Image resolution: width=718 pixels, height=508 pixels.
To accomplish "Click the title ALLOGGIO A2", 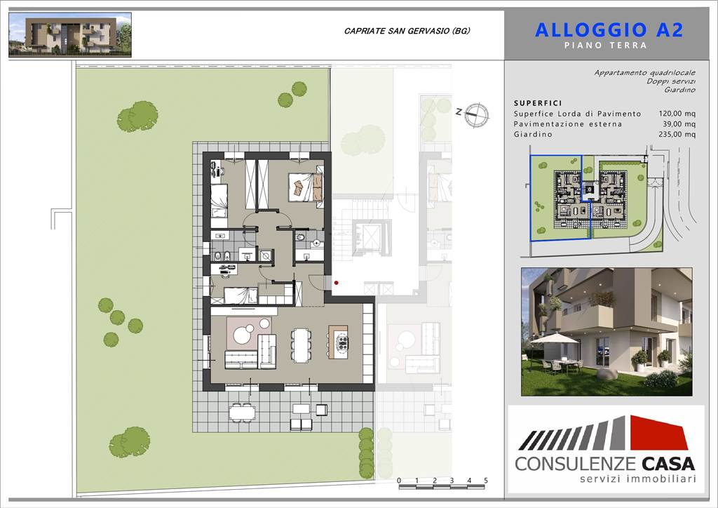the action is (x=609, y=30).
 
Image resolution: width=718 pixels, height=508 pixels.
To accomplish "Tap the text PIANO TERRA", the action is (x=605, y=46).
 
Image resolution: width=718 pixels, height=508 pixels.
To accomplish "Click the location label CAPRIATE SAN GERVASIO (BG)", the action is (x=407, y=31).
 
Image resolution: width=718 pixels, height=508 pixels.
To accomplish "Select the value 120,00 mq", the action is (x=677, y=114).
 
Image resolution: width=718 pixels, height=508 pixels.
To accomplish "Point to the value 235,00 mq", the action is (x=677, y=134).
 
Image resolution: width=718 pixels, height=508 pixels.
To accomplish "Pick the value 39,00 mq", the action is (x=679, y=124).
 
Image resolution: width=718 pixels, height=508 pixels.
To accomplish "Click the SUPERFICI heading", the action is (x=538, y=104).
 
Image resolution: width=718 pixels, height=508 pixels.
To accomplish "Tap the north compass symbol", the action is (x=477, y=114).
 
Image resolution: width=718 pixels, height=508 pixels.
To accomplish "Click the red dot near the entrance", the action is (x=337, y=283).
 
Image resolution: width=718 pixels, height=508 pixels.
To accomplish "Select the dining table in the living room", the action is (x=300, y=345).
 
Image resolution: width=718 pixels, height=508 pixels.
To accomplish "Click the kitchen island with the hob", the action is (x=338, y=342).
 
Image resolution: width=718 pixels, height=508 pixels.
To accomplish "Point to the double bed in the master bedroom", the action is (x=306, y=187).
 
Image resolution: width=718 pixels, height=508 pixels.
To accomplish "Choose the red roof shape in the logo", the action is (x=658, y=432).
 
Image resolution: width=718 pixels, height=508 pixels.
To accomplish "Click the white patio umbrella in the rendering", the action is (x=554, y=340).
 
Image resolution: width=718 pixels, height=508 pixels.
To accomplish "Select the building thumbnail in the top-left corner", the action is (x=70, y=35).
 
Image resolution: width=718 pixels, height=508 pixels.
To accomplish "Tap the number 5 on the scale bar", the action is (x=486, y=481).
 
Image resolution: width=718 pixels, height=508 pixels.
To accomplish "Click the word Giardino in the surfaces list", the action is (x=533, y=134).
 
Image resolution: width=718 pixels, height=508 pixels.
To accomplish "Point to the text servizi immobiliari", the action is (x=638, y=479).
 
